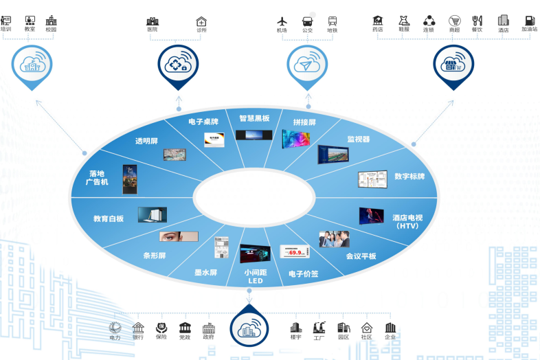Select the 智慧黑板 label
tap(254, 118)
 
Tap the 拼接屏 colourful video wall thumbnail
tap(296, 139)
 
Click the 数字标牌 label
tap(409, 176)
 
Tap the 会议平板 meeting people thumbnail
tap(334, 239)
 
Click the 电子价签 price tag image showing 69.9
tap(296, 252)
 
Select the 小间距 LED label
tap(254, 276)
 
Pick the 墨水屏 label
tap(205, 272)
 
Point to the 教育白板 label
tap(109, 218)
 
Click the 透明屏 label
tap(146, 141)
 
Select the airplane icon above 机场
tap(282, 21)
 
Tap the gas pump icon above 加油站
tap(529, 21)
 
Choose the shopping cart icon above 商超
tap(454, 21)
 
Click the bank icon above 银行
tap(138, 327)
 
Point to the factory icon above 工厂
tap(319, 327)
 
